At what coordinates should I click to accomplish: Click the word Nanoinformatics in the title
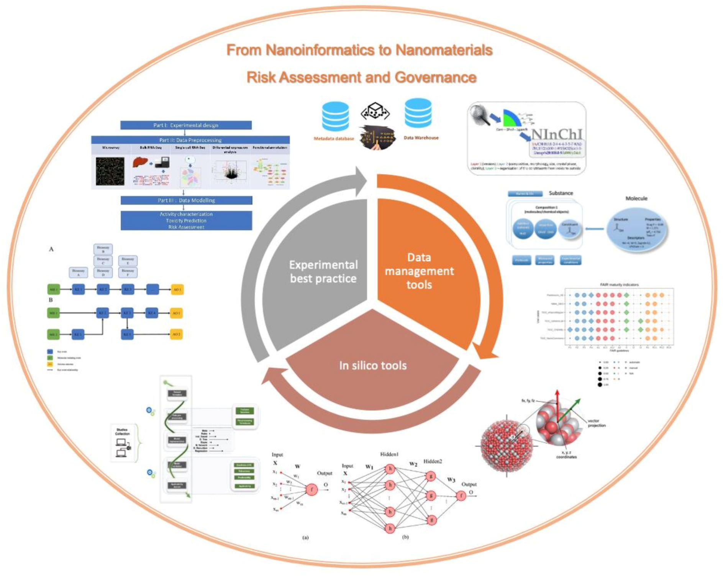(x=328, y=50)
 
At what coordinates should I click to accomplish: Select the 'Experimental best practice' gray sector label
(x=323, y=272)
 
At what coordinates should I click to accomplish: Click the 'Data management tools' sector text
(x=419, y=271)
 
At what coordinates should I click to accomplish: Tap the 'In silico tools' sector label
(x=372, y=366)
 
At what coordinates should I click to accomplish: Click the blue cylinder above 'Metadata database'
(x=335, y=117)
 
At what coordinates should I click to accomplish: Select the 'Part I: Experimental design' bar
(x=186, y=125)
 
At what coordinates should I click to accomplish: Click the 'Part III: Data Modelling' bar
(x=186, y=200)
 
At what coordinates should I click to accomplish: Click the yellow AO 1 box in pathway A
(x=177, y=289)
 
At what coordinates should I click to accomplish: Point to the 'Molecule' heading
(x=636, y=199)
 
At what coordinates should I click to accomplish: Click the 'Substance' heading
(x=561, y=193)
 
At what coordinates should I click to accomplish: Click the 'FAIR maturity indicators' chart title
(x=619, y=285)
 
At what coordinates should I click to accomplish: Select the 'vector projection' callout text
(x=596, y=423)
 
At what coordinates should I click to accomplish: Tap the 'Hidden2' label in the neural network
(x=432, y=461)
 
